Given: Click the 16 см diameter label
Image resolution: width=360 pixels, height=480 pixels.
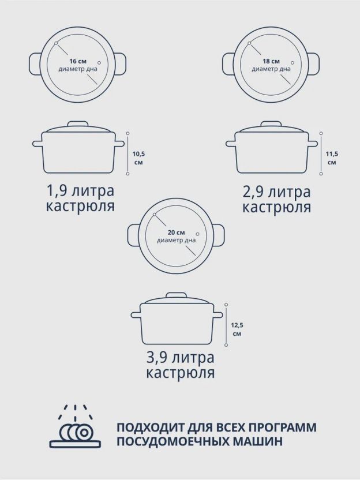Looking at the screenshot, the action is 78,61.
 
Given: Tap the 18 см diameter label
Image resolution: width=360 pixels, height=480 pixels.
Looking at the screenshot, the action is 271,61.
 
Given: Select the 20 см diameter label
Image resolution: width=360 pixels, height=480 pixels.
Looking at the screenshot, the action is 176,232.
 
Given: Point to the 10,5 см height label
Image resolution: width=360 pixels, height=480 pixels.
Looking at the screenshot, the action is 138,158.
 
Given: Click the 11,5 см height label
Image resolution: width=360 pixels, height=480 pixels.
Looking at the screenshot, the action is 332,158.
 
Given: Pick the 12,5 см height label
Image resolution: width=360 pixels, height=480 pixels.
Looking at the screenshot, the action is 237,329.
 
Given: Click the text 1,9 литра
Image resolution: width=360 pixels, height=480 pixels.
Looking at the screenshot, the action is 80,191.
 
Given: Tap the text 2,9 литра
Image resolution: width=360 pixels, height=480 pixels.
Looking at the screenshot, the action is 276,192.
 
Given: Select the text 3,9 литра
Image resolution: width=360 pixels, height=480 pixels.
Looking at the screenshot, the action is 180,358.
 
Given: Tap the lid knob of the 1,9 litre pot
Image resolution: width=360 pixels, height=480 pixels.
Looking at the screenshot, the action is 78,123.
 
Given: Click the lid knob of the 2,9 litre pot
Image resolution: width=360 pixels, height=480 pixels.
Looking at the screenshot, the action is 271,123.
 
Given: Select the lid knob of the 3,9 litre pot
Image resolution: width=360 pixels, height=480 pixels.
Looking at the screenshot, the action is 177,295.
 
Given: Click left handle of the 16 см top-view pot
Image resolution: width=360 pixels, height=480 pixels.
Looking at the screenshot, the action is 35,64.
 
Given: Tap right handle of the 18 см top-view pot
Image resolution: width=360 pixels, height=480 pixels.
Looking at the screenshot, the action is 313,64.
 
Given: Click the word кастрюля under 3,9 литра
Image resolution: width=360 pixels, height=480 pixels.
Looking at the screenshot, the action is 181,373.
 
